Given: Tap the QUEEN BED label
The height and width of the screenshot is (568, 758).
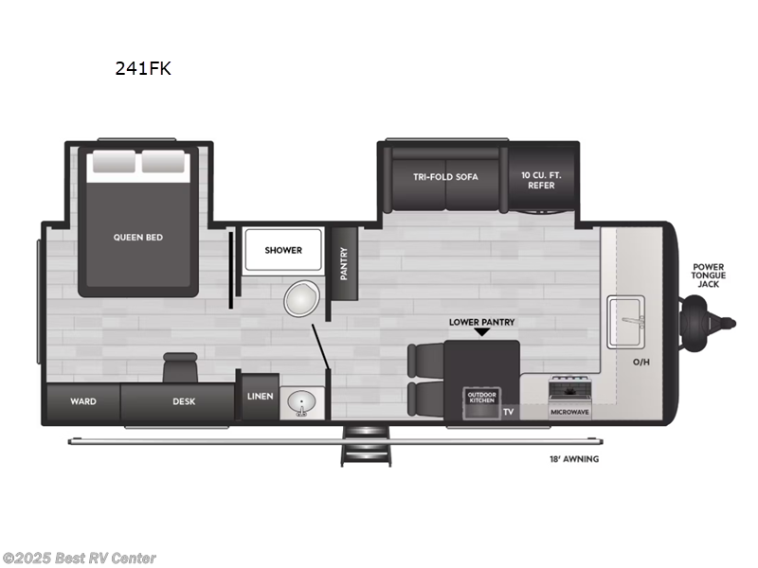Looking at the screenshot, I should [x=138, y=237].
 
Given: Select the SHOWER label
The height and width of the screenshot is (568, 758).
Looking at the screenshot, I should [x=283, y=250].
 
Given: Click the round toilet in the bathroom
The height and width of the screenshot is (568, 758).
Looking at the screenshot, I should [x=299, y=300].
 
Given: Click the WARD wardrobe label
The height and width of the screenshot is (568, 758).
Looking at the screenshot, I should [x=82, y=401].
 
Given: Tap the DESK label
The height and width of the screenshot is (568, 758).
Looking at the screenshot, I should [x=184, y=401].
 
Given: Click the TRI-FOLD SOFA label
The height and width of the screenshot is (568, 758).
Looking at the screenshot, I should [x=445, y=177].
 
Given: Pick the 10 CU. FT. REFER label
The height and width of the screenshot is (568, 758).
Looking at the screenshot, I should [x=537, y=180].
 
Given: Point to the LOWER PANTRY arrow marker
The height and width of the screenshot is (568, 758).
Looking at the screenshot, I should [x=481, y=332].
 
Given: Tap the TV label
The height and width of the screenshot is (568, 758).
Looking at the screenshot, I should [x=508, y=412].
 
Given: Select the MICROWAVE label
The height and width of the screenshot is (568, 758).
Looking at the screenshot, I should [x=571, y=412].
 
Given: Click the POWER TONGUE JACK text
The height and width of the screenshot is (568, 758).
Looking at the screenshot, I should [x=708, y=275].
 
